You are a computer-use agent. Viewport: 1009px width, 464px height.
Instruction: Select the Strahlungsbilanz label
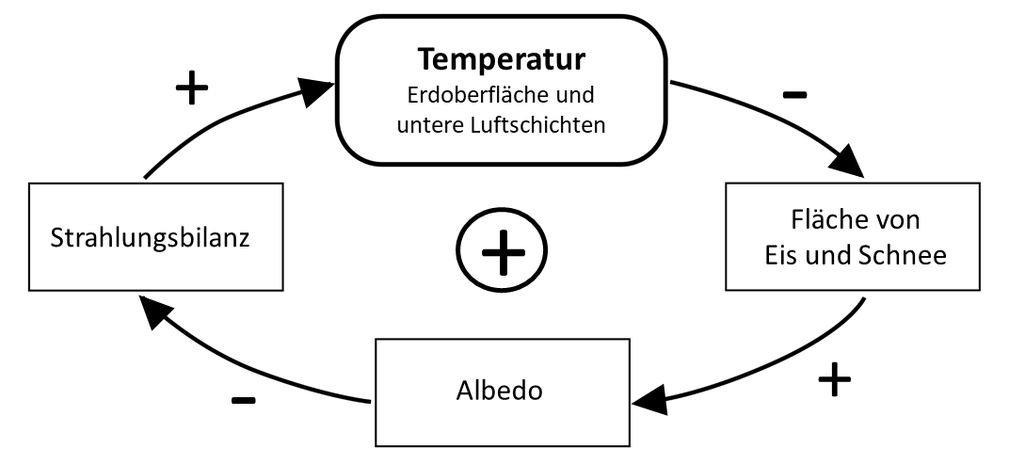coord(150,238)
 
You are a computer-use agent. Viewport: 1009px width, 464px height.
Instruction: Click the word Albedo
coord(500,390)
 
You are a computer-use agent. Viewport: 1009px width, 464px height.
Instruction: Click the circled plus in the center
coord(502,249)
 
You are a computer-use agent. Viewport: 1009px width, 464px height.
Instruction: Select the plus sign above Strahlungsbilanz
coord(192,88)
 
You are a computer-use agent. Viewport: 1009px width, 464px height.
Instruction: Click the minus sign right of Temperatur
coord(794,95)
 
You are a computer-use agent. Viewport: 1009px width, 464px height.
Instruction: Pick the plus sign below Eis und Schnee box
coord(835,379)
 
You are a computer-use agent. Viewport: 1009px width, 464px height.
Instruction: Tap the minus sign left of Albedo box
coord(243,400)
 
